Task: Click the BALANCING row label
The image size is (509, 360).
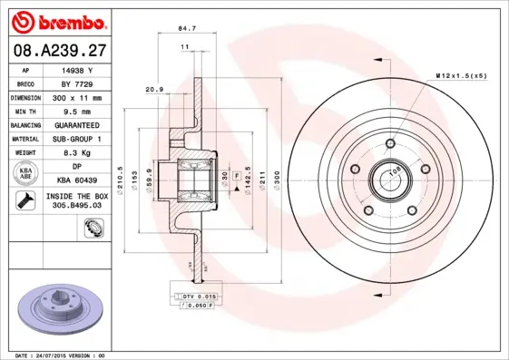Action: tap(24, 125)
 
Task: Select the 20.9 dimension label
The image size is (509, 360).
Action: tap(155, 89)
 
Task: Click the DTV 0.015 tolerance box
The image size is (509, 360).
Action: tap(193, 296)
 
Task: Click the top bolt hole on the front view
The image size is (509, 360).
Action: tap(387, 141)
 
